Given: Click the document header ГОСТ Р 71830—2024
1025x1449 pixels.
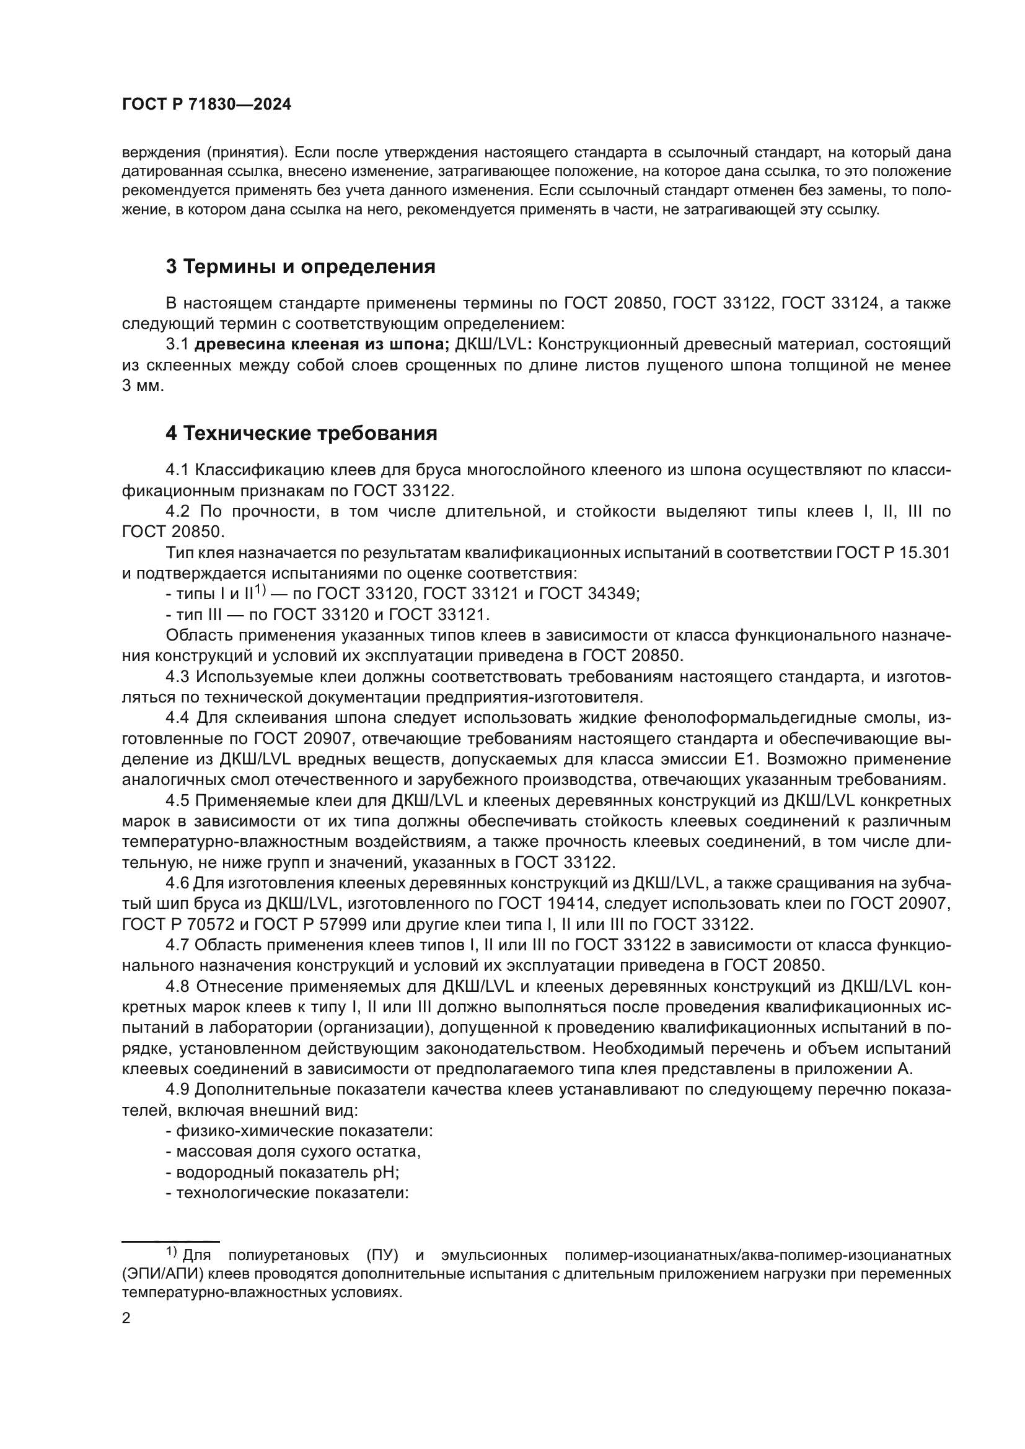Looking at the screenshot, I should pos(206,105).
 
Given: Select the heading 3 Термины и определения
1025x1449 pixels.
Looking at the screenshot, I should pos(301,267).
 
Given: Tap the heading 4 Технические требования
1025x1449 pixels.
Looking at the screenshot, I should pos(301,434).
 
